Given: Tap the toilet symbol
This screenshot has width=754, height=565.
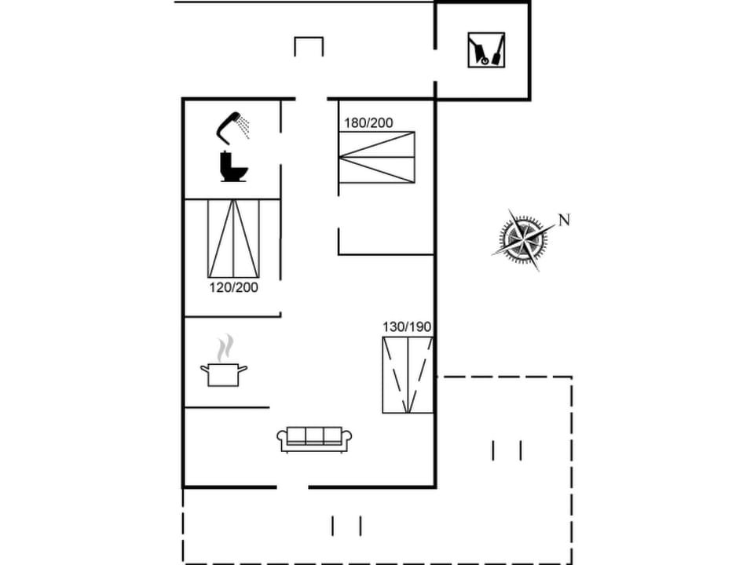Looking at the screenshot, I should [233, 167].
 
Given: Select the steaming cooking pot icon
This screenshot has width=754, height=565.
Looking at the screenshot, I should [224, 373].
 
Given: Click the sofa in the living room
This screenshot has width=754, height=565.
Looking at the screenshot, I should [314, 439].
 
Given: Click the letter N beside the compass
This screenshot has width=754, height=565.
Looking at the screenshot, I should [563, 220].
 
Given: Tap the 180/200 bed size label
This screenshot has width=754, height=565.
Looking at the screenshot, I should [368, 123].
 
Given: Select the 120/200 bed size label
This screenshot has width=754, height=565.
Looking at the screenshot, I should [233, 287].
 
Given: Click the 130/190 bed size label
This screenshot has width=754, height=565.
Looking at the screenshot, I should [407, 327].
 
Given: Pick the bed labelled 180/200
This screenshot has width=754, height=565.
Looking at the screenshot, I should [376, 158].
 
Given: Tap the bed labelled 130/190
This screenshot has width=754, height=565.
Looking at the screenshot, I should [408, 375].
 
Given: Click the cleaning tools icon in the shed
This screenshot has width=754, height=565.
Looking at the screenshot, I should [486, 49].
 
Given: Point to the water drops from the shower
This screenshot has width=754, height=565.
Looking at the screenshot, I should [245, 126].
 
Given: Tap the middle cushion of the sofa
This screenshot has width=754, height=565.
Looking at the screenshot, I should [314, 436].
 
